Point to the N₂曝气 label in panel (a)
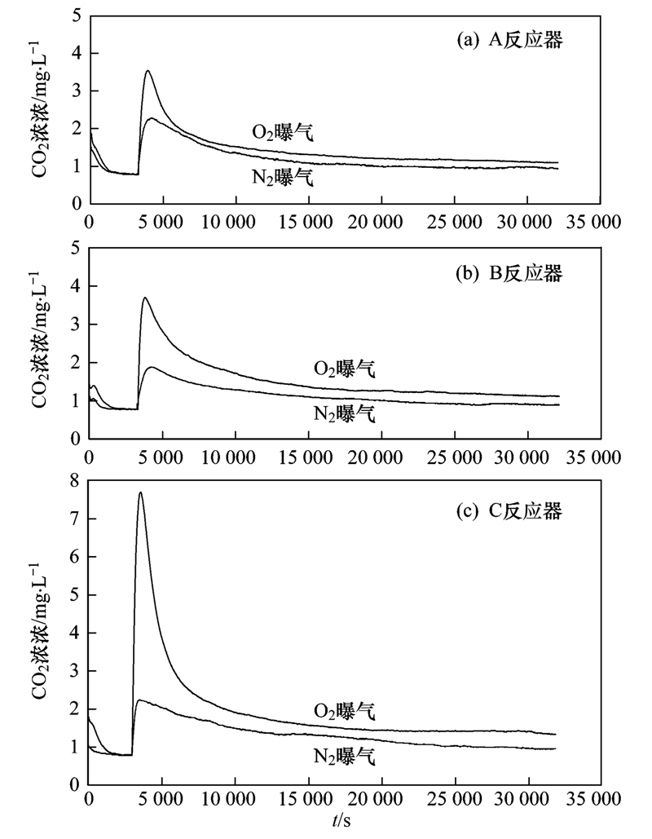tap(282, 177)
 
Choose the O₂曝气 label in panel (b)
tap(345, 369)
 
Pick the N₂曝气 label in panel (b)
tap(345, 413)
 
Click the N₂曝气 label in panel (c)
tap(345, 757)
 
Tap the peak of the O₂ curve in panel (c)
tap(140, 492)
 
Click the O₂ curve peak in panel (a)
tap(148, 71)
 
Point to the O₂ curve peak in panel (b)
tap(145, 298)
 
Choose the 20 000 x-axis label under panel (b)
tap(380, 454)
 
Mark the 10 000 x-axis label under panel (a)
tap(235, 219)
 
